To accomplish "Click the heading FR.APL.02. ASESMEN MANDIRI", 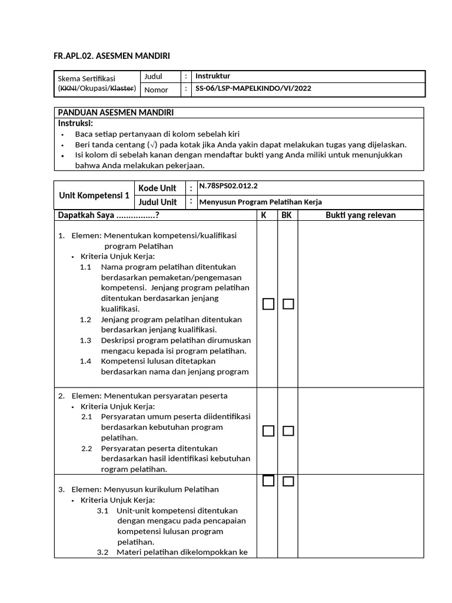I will coord(112,56).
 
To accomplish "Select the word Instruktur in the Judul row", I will coord(212,77).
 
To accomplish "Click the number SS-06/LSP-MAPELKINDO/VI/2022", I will coord(253,89).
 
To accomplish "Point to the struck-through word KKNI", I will coord(68,88).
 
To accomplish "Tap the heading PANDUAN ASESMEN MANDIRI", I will coord(115,112).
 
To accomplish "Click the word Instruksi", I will coord(76,123).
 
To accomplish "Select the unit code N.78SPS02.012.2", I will coord(228,187).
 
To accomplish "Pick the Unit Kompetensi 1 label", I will coord(94,195).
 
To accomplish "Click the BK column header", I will coord(287,215).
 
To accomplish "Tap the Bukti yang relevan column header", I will coord(361,215).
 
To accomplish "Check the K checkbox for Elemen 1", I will coord(268,304).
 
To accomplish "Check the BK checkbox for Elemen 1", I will coord(288,304).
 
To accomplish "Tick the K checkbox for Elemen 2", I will coord(268,431).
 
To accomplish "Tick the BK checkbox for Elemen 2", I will coord(288,431).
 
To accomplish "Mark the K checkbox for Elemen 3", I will coord(268,481).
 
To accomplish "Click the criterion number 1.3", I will coord(86,340).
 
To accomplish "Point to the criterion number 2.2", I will coord(87,448).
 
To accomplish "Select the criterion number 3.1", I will coord(103,511).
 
